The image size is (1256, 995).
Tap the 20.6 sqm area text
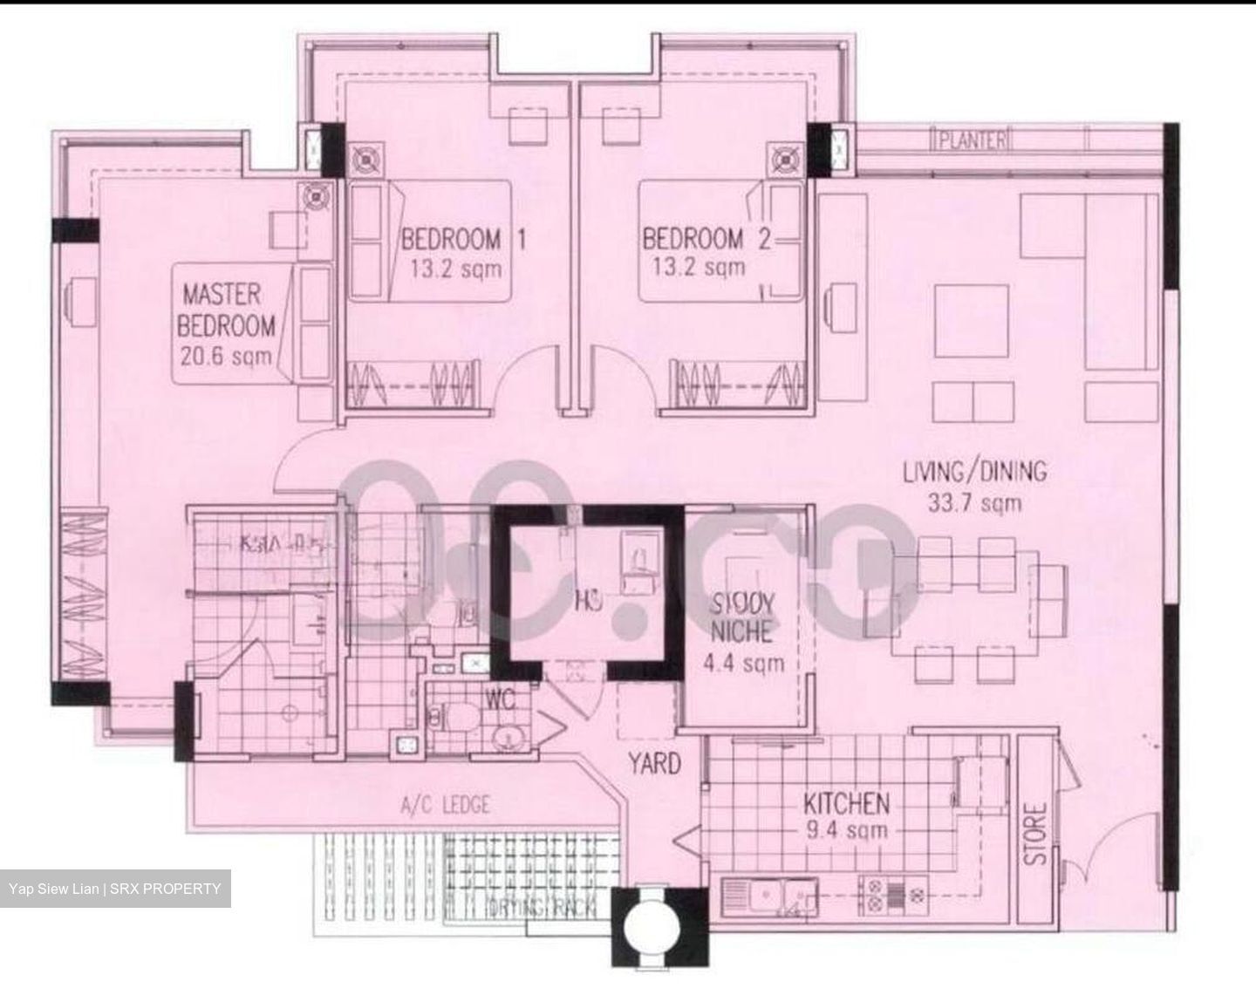pyautogui.click(x=226, y=356)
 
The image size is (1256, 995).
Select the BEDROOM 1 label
pyautogui.click(x=463, y=239)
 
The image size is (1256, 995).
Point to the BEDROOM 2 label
pyautogui.click(x=706, y=239)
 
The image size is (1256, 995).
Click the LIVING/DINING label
pyautogui.click(x=974, y=472)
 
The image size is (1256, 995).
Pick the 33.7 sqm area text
pyautogui.click(x=974, y=503)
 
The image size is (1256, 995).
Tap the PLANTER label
pyautogui.click(x=972, y=140)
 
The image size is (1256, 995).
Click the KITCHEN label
pyautogui.click(x=846, y=803)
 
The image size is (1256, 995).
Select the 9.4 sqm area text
pyautogui.click(x=846, y=829)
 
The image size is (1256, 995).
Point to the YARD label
pyautogui.click(x=655, y=764)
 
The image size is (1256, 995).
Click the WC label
pyautogui.click(x=502, y=699)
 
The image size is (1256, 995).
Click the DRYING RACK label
pyautogui.click(x=542, y=909)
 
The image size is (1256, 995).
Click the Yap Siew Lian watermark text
pyautogui.click(x=115, y=889)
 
